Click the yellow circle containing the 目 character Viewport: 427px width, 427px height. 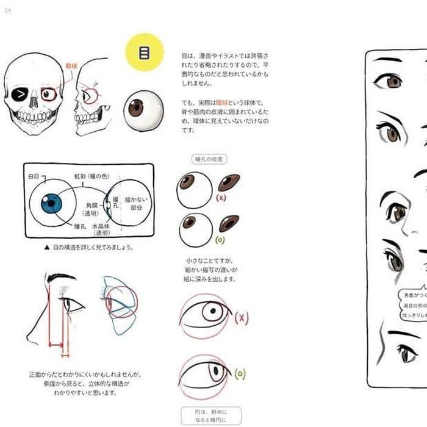click(x=145, y=52)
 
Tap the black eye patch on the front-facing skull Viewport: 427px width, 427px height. click(x=22, y=95)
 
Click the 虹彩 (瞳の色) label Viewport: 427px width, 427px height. click(x=91, y=176)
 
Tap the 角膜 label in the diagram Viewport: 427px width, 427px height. click(x=91, y=206)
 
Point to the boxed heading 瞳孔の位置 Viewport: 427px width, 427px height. click(x=210, y=159)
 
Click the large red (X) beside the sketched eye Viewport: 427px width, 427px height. click(x=242, y=317)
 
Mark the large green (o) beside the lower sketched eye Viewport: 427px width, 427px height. click(x=240, y=373)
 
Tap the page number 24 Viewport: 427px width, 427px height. click(x=8, y=10)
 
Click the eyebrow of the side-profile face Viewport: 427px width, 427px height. click(x=61, y=278)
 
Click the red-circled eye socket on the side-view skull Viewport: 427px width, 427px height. click(x=91, y=96)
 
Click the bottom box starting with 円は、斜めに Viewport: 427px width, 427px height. click(x=211, y=416)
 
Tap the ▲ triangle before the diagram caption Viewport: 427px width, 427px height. click(x=46, y=248)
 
